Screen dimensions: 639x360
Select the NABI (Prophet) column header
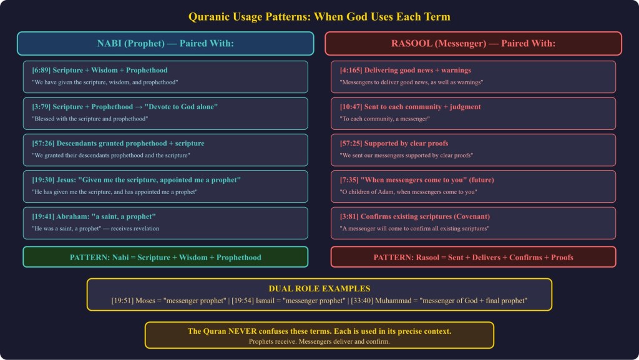(165, 43)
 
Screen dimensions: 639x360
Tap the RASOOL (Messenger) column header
(473, 43)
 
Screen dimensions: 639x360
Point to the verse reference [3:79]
(41, 107)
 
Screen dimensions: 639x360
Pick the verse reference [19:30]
(43, 180)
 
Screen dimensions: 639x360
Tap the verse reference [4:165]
(351, 70)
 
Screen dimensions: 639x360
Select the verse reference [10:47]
(351, 107)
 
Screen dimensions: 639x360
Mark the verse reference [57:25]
(351, 144)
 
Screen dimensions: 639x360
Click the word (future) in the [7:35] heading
(481, 180)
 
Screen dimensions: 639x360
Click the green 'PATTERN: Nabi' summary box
(165, 257)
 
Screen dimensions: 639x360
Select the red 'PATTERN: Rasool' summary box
(473, 257)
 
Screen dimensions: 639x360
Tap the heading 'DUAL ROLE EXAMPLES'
(319, 288)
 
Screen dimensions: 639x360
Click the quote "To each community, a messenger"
(384, 119)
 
